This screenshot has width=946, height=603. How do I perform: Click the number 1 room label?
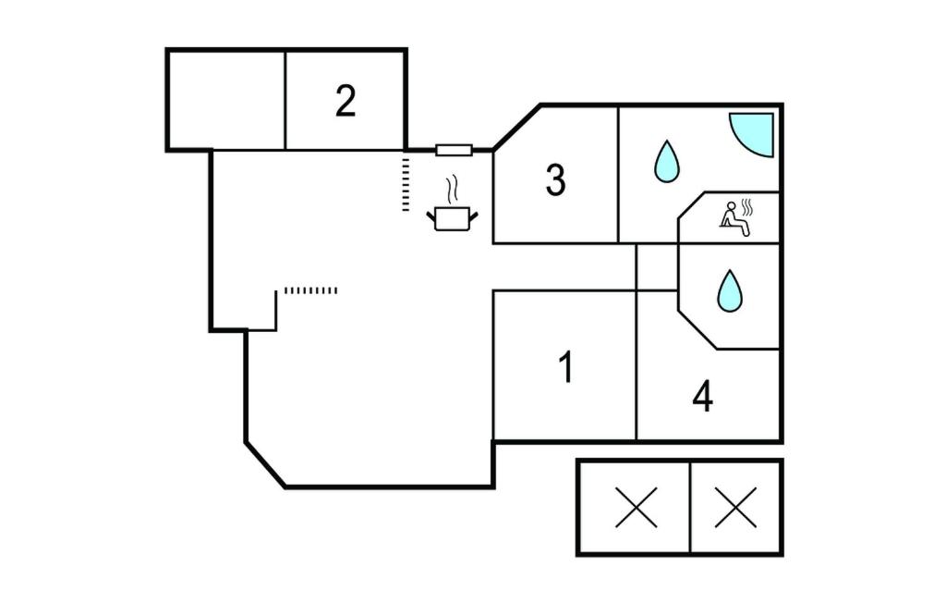566,367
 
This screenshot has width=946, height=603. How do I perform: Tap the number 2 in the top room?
345,101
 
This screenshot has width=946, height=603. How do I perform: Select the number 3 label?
555,180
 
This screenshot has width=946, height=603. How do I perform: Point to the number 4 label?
703,397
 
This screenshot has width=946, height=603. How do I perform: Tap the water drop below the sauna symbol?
730,290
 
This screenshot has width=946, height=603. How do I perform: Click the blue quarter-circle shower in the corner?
754,131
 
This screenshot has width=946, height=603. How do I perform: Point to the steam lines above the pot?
452,190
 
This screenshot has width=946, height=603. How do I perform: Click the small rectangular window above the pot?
454,150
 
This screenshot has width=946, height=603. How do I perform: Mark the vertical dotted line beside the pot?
406,184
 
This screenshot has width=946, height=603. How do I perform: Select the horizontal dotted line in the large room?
310,290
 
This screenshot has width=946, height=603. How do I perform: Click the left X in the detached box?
636,507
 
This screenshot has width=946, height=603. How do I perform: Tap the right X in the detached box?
736,507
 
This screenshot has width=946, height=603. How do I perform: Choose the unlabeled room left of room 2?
225,100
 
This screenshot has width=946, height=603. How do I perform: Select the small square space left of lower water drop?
657,267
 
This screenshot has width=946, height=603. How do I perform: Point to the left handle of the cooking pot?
431,216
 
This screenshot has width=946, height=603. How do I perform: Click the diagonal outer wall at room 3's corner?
516,127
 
